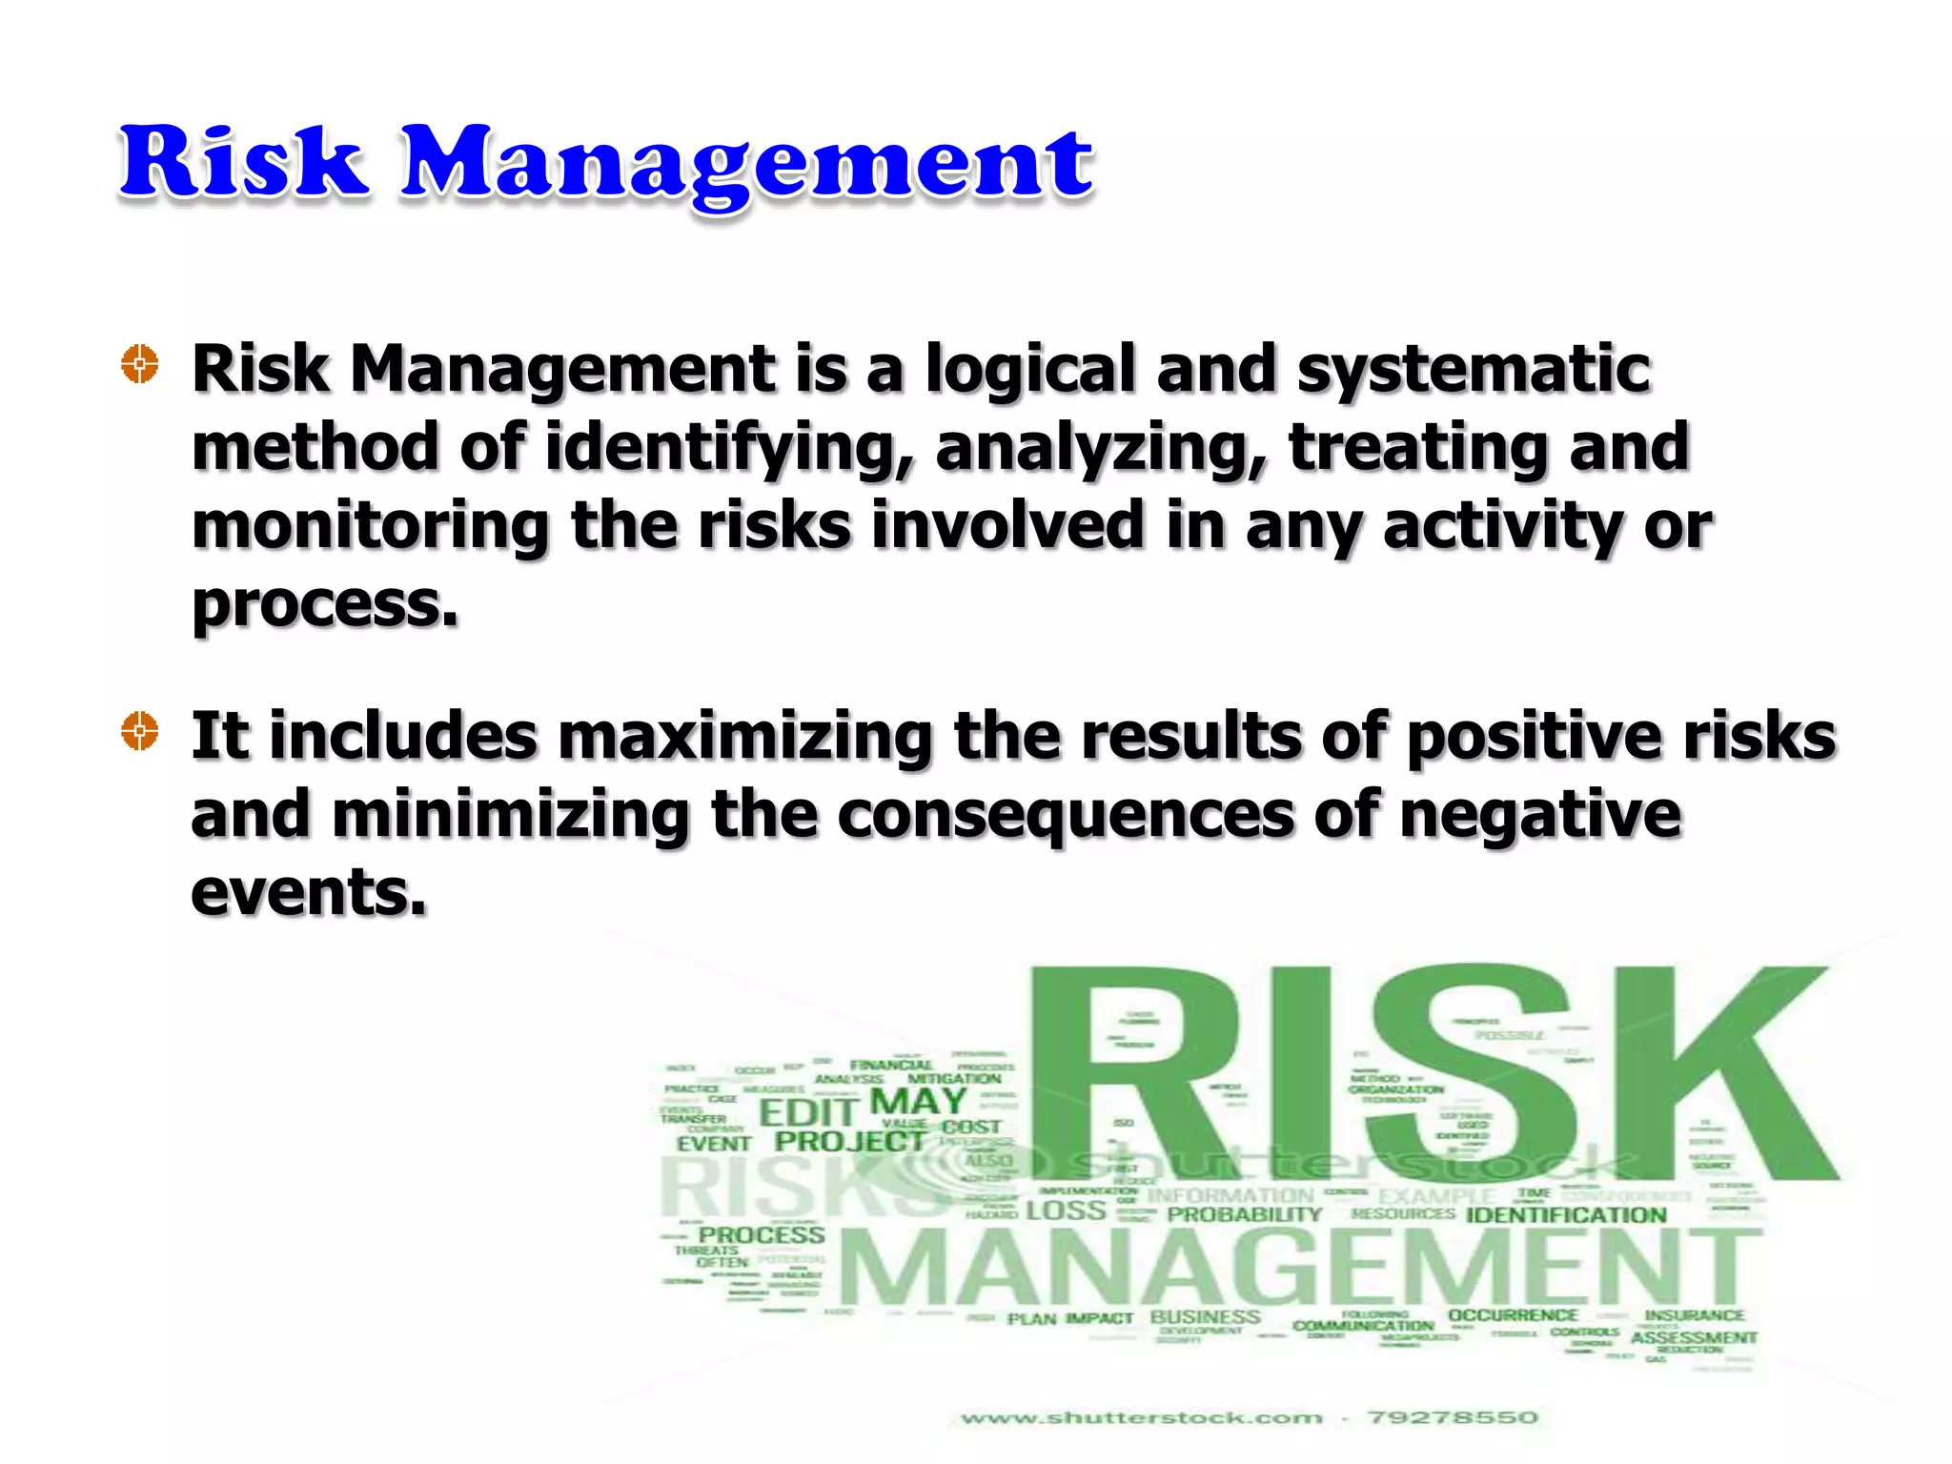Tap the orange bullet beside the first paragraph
140,364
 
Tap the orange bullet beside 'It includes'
140,731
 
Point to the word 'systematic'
1474,370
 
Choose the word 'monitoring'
371,526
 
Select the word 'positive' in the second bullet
1535,738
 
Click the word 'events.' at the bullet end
309,893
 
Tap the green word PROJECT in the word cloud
849,1141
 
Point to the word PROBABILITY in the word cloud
1244,1214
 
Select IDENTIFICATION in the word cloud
1565,1215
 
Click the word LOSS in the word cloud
1066,1211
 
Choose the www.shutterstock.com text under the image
1141,1418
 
